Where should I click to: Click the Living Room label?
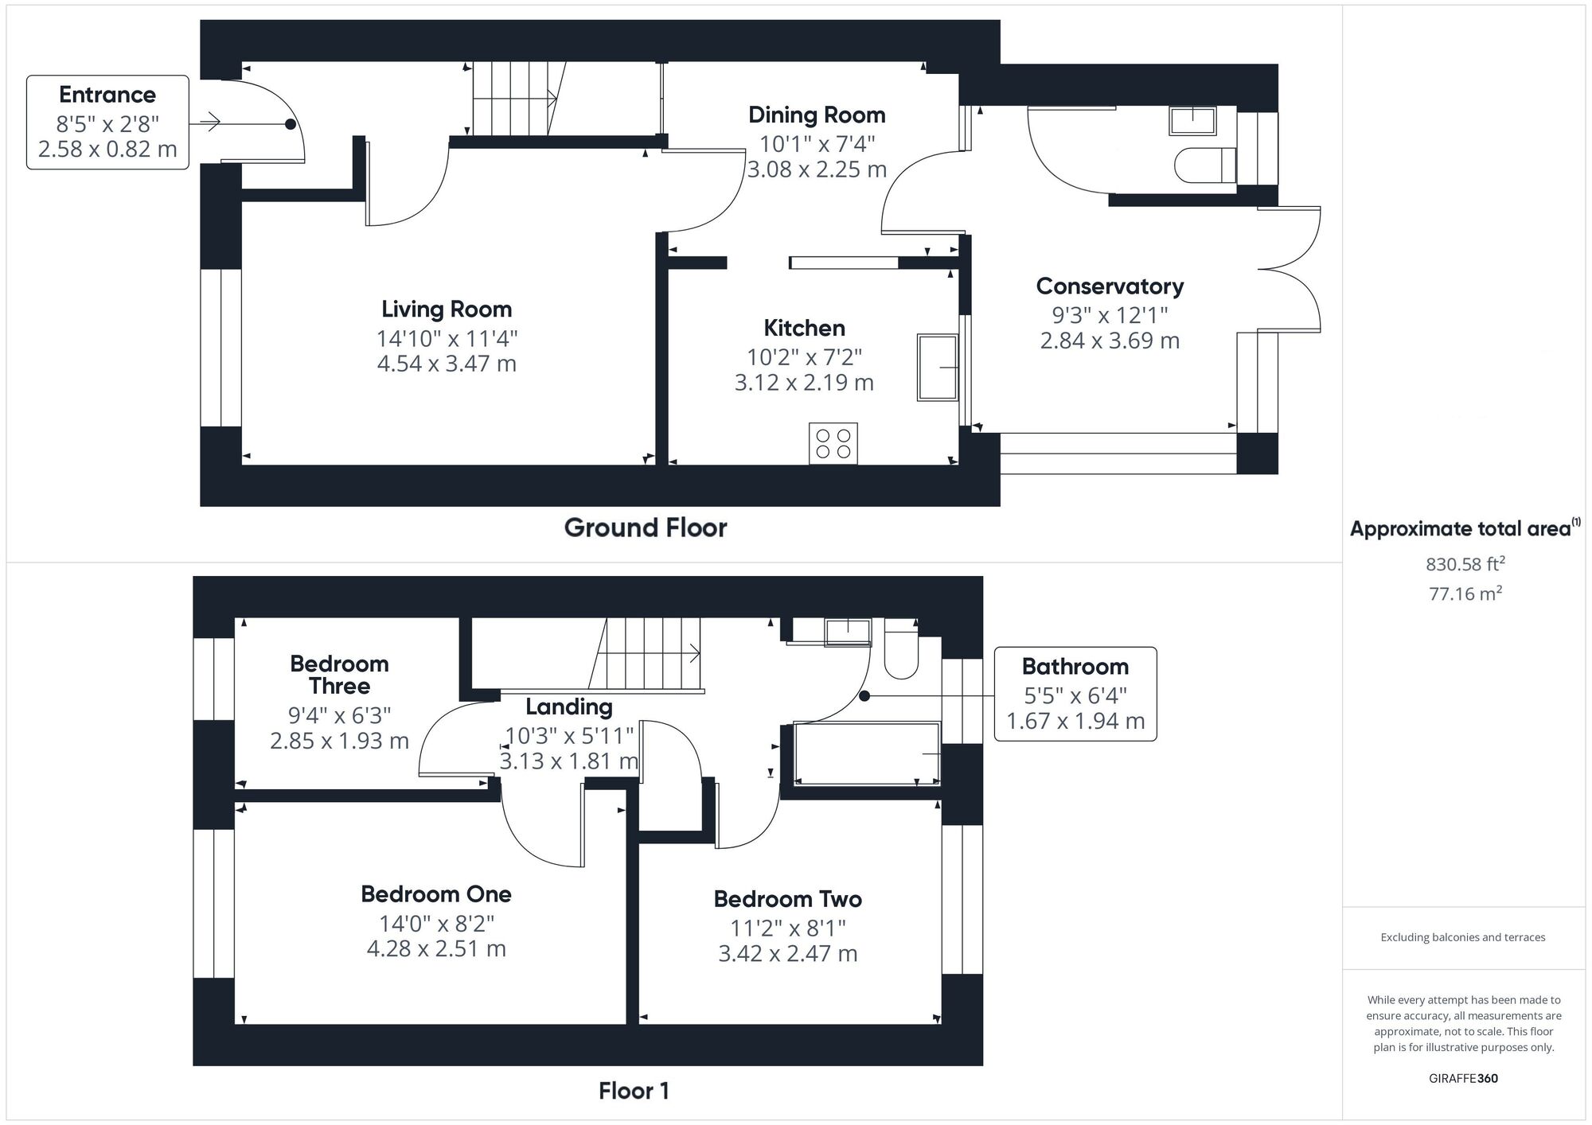click(446, 309)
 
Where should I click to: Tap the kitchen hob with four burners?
click(833, 443)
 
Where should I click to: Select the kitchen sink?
click(937, 367)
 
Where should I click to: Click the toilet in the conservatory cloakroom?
click(1204, 165)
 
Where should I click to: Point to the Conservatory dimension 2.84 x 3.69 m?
click(1110, 341)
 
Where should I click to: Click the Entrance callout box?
click(107, 122)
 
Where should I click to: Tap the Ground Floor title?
click(645, 527)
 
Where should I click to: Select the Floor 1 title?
click(634, 1091)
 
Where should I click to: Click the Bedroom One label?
click(435, 894)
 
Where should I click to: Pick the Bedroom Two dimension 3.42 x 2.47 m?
click(787, 953)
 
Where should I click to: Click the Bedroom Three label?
click(339, 675)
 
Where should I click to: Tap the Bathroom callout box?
click(1075, 693)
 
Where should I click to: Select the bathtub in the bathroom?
click(867, 753)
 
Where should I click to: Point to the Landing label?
click(568, 707)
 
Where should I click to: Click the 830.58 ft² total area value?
click(1464, 564)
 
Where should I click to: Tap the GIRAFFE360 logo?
click(1463, 1078)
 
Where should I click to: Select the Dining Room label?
click(817, 115)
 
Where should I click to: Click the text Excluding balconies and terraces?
click(1462, 937)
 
